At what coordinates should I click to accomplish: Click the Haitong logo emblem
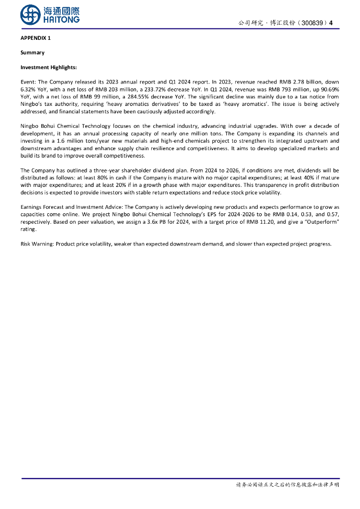30,14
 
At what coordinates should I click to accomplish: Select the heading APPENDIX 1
35,38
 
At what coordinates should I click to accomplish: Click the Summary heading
32,53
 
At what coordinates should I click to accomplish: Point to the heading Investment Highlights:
48,67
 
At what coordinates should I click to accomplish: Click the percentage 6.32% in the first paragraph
29,90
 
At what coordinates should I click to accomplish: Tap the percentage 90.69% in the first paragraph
329,90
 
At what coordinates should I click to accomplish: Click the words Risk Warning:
37,244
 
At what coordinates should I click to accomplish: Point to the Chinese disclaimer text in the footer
287,485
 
